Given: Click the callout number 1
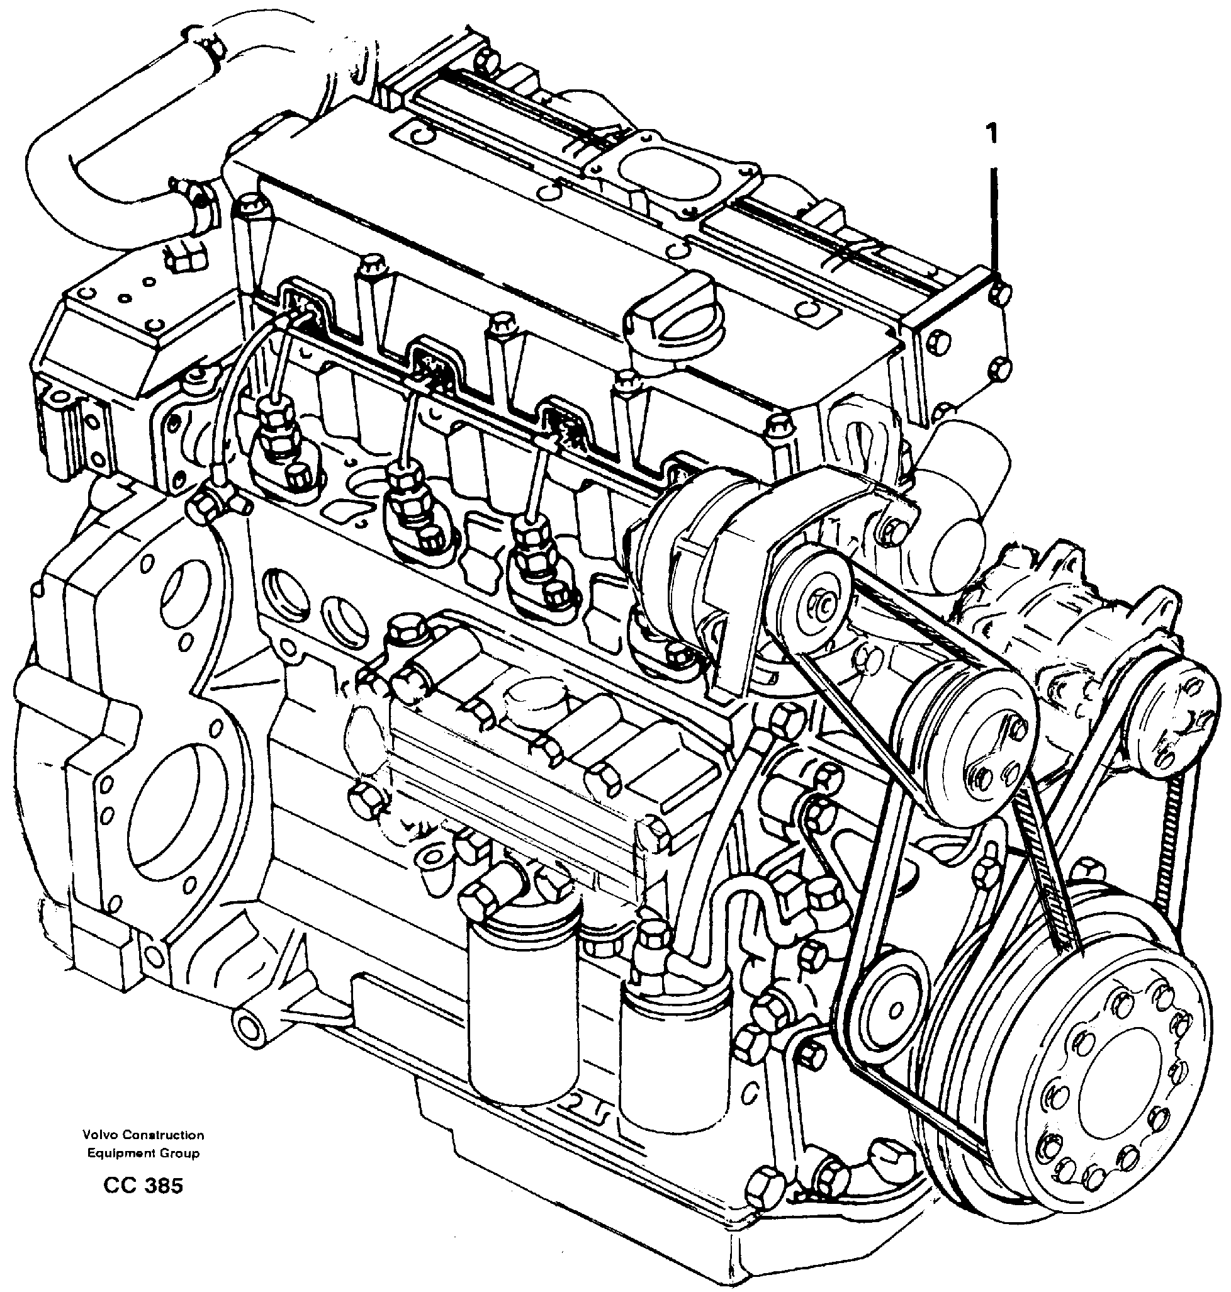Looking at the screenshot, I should [991, 135].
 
